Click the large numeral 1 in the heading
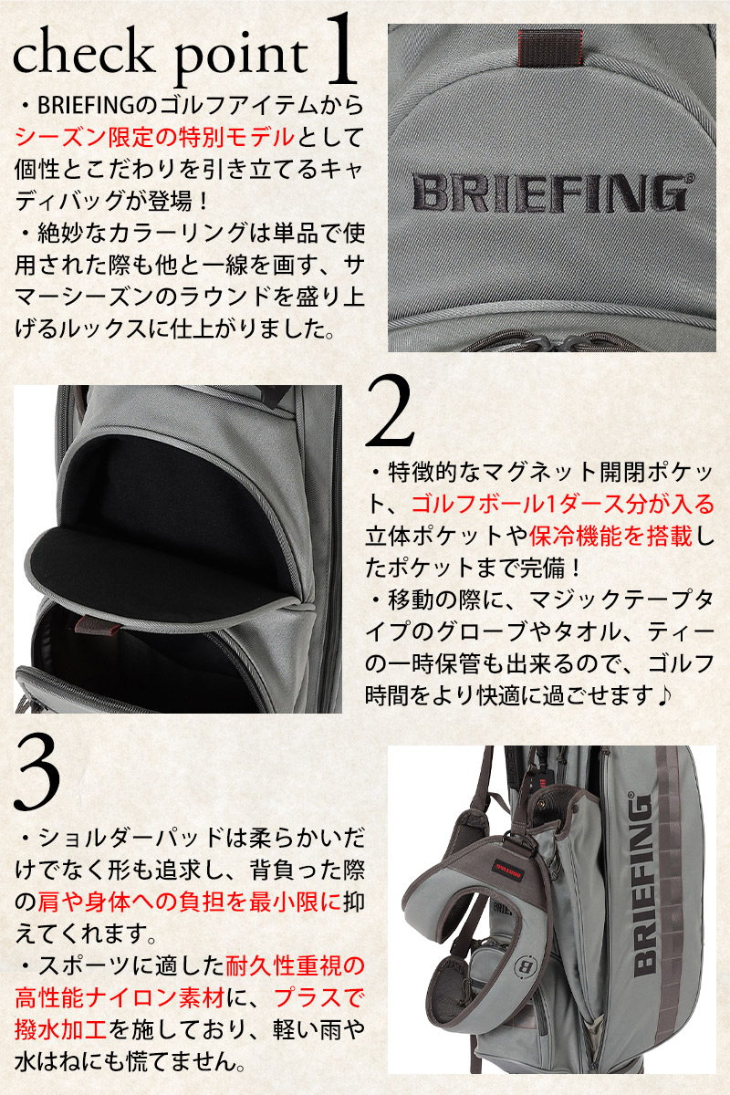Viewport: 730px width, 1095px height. pyautogui.click(x=339, y=49)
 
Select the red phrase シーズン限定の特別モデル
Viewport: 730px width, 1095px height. pyautogui.click(x=155, y=136)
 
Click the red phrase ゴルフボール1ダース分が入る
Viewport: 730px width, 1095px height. pyautogui.click(x=563, y=505)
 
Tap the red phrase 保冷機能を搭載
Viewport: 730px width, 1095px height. pyautogui.click(x=610, y=537)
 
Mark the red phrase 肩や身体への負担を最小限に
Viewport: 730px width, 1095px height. pyautogui.click(x=189, y=902)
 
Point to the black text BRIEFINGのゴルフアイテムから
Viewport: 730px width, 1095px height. pyautogui.click(x=201, y=105)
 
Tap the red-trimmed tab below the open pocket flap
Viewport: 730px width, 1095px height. pyautogui.click(x=96, y=622)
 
